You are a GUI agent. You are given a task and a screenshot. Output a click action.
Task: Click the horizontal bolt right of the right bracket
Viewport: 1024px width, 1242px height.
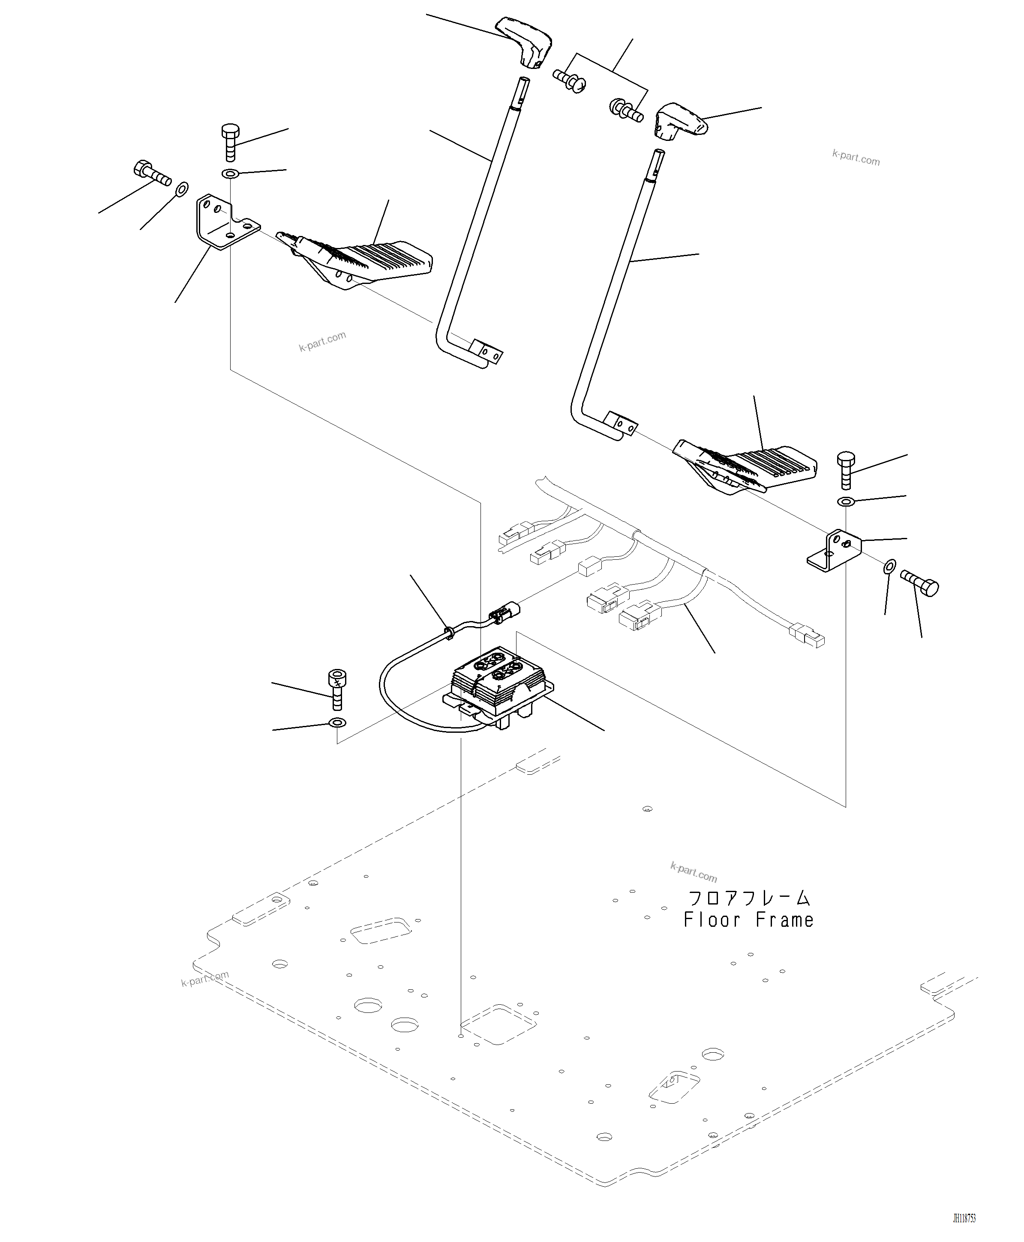pyautogui.click(x=920, y=584)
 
